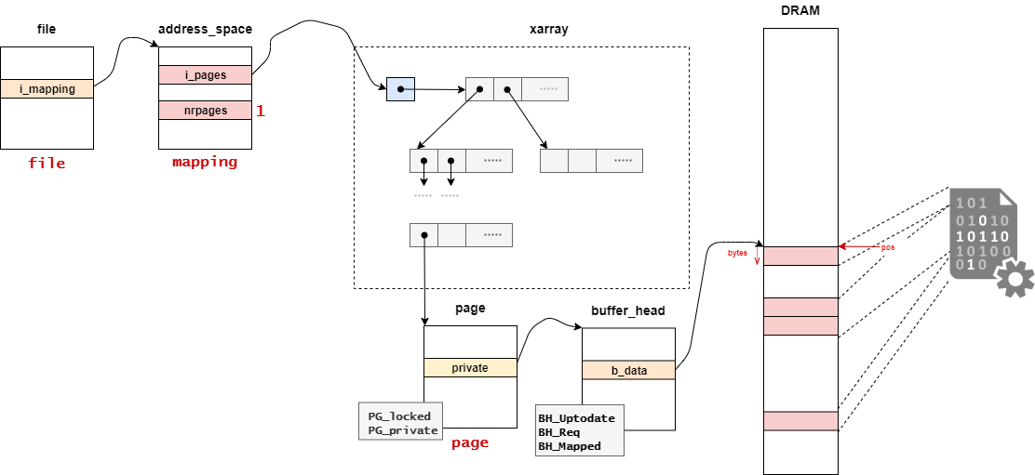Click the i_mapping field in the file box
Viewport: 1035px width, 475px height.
47,89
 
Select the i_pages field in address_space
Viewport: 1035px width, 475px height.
205,74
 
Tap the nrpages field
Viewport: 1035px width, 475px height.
205,111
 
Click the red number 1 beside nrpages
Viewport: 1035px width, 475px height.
261,111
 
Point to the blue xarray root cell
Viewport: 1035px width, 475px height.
400,89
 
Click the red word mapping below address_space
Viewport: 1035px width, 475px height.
205,162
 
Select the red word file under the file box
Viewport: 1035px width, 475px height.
47,164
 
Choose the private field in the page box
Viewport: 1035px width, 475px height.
469,368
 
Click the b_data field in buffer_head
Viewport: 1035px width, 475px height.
628,370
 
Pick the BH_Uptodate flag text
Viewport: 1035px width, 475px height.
576,418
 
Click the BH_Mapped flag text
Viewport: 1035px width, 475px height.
570,446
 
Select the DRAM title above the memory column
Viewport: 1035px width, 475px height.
800,10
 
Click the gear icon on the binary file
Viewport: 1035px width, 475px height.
1015,278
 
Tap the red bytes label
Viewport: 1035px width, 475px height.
737,253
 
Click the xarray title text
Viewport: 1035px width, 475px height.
548,29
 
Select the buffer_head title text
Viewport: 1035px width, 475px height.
628,311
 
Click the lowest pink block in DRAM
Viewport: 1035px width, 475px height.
800,421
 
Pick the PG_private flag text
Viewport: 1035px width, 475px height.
402,430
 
